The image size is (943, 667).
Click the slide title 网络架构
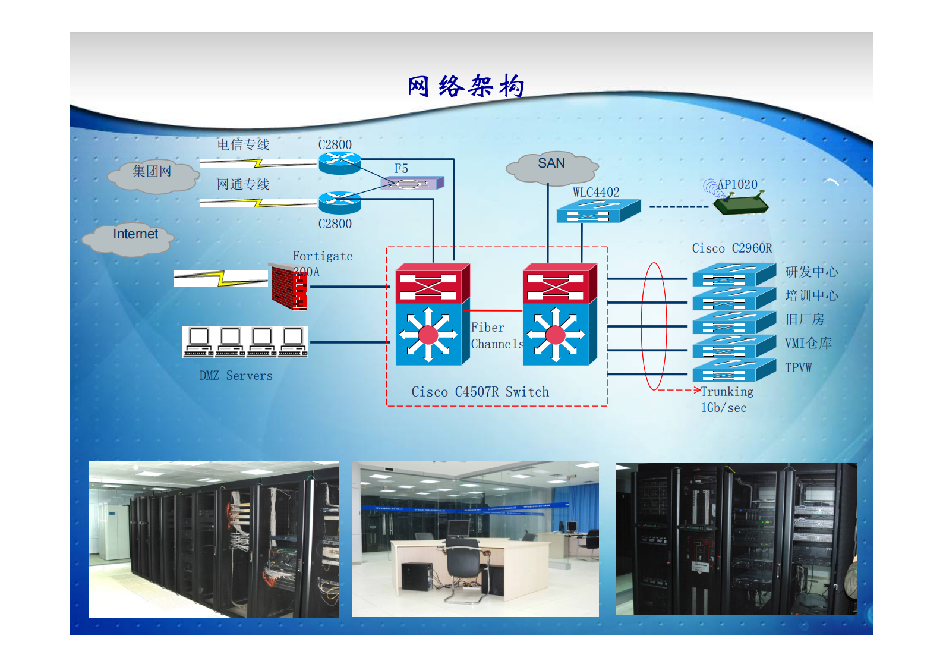pyautogui.click(x=466, y=87)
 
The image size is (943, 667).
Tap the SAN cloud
pyautogui.click(x=551, y=168)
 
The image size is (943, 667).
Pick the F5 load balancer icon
pyautogui.click(x=411, y=184)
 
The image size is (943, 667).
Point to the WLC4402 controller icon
pyautogui.click(x=597, y=210)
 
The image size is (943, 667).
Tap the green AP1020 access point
pyautogui.click(x=740, y=204)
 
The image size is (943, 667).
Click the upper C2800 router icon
pyautogui.click(x=339, y=162)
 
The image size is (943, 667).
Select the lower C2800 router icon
pyautogui.click(x=339, y=203)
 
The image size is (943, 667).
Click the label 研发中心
pyautogui.click(x=811, y=272)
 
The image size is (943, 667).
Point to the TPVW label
pyautogui.click(x=798, y=367)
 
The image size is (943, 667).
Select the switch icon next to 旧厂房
pyautogui.click(x=733, y=322)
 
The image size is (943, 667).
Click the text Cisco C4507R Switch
pyautogui.click(x=480, y=392)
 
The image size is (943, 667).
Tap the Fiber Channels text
pyautogui.click(x=496, y=336)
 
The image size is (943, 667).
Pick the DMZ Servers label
pyautogui.click(x=236, y=376)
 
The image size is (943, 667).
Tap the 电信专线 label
pyautogui.click(x=243, y=144)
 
